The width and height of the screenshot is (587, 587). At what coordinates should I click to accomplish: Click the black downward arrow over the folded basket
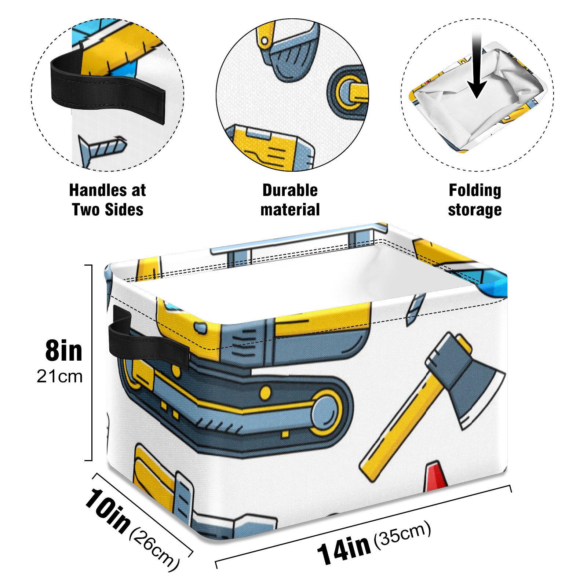coord(477,70)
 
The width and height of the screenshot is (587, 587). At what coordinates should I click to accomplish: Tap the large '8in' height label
coord(63,351)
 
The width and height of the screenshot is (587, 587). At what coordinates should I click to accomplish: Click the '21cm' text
coord(59,377)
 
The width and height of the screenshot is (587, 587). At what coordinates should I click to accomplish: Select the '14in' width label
coord(344,549)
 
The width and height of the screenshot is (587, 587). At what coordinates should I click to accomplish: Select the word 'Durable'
coord(290,190)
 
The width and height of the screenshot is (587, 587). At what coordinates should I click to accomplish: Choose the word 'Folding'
coord(475,190)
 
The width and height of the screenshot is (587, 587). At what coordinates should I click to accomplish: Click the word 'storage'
coord(475,210)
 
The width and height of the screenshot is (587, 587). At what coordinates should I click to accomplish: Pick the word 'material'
coord(290,210)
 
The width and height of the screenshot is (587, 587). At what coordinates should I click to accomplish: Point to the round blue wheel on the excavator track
coord(325,413)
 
